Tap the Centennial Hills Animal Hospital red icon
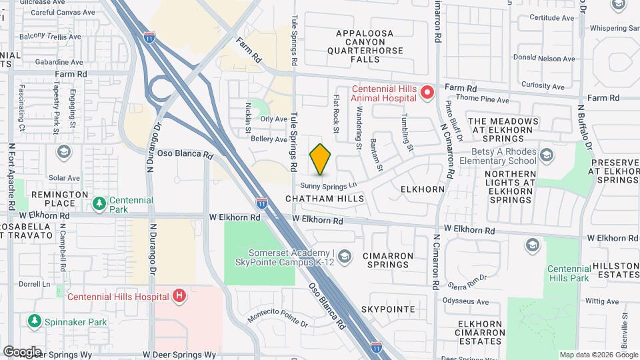tap(427, 89)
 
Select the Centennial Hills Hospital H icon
tap(179, 295)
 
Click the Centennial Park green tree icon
tap(99, 202)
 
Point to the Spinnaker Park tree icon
tap(34, 322)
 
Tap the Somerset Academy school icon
tap(344, 256)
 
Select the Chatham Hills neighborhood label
tap(325, 199)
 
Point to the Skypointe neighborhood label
tap(388, 309)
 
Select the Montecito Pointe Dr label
tap(278, 319)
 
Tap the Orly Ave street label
tap(273, 119)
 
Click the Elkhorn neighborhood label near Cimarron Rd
tap(423, 189)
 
